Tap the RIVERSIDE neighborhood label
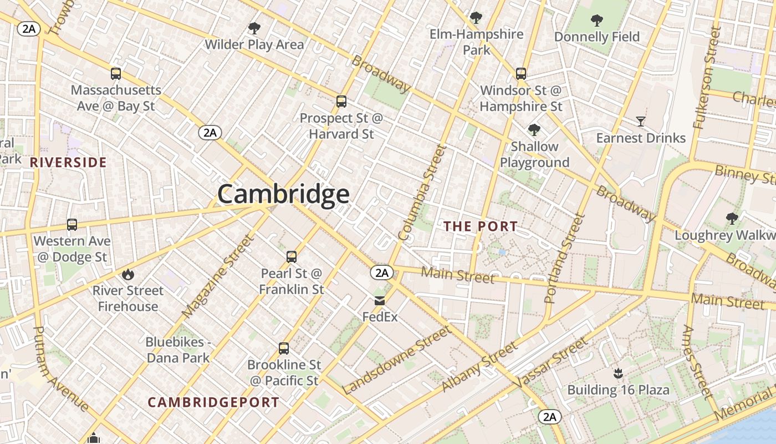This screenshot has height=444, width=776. [68, 163]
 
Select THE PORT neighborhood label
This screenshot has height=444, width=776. [481, 226]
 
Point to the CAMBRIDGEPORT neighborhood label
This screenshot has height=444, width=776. [213, 402]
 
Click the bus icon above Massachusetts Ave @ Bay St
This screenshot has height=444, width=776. [116, 74]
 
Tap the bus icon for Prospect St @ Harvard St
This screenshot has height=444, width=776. [341, 102]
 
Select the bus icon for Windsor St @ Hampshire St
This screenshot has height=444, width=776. [521, 74]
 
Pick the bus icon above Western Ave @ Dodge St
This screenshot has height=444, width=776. [72, 225]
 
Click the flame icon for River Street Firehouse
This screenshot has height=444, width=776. [128, 274]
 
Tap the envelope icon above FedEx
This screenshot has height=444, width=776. [380, 301]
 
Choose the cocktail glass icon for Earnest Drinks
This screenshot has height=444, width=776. [641, 122]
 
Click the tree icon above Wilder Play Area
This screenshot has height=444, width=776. [254, 28]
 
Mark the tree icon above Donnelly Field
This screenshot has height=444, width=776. [597, 21]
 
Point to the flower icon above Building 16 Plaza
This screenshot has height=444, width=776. [618, 374]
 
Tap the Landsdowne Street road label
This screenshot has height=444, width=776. [396, 360]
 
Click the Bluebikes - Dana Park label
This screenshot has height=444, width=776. [178, 350]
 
